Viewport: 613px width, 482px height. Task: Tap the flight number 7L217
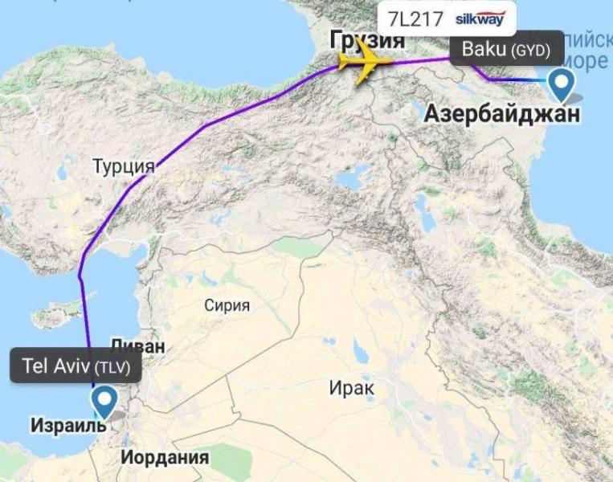[x=415, y=19]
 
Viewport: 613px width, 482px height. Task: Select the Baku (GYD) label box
[x=506, y=50]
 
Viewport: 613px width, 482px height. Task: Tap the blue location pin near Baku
[x=560, y=83]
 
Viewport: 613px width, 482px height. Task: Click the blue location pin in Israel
[x=103, y=400]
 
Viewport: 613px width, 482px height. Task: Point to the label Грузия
[x=366, y=40]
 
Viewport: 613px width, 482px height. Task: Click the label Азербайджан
[x=501, y=114]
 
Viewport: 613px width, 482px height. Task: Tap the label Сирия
[x=227, y=305]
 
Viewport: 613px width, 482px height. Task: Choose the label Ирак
[x=351, y=388]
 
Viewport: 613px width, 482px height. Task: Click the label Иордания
[x=165, y=458]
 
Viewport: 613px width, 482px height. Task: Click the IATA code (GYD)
[x=530, y=51]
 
